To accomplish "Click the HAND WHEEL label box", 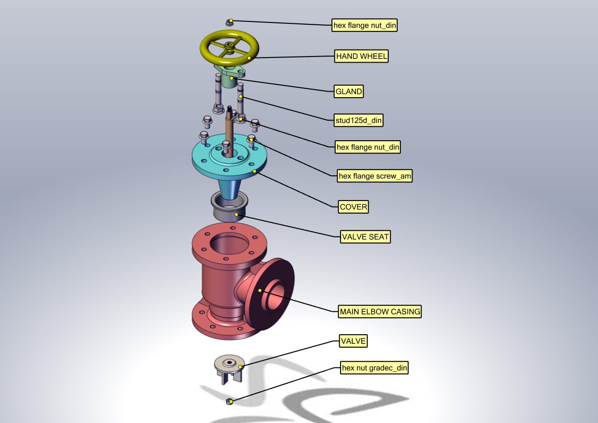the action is pyautogui.click(x=361, y=57).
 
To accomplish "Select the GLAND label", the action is pyautogui.click(x=349, y=92).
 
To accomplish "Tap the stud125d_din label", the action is pyautogui.click(x=358, y=121).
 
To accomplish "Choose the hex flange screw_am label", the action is pyautogui.click(x=375, y=176).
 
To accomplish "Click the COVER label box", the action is pyautogui.click(x=353, y=207).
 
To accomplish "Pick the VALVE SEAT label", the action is pyautogui.click(x=365, y=237).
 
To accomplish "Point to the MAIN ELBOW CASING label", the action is pyautogui.click(x=380, y=312).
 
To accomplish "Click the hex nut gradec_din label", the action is pyautogui.click(x=374, y=368).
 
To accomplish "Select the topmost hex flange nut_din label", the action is pyautogui.click(x=364, y=25).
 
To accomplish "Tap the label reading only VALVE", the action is pyautogui.click(x=353, y=341).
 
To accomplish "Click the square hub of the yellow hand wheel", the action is pyautogui.click(x=229, y=46).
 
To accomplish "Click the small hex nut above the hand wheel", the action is pyautogui.click(x=229, y=23).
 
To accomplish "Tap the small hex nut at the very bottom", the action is pyautogui.click(x=229, y=401).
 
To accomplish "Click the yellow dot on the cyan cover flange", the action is pyautogui.click(x=255, y=172).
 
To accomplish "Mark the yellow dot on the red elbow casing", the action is pyautogui.click(x=260, y=291).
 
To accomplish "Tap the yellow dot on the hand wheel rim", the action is pyautogui.click(x=249, y=58).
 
